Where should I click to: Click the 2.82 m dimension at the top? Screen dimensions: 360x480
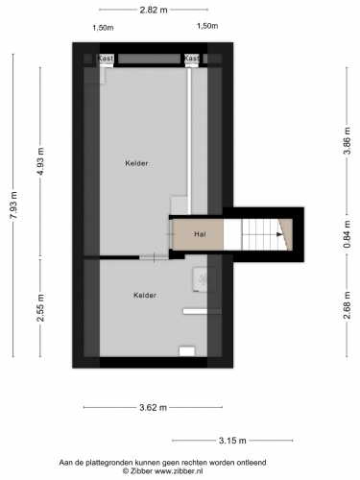154,10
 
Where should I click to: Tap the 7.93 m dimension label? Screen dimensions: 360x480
13,205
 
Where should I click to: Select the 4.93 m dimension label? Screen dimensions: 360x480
40,162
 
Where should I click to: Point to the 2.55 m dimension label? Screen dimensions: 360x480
40,307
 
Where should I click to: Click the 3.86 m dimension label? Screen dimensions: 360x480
347,141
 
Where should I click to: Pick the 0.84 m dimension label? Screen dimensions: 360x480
347,234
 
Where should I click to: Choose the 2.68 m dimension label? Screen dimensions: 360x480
347,305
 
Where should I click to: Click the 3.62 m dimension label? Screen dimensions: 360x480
154,407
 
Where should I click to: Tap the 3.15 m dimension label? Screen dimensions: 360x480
232,441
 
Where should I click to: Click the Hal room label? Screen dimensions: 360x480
200,234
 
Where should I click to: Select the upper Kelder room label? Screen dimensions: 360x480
136,163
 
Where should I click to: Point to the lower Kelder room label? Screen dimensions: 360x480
145,295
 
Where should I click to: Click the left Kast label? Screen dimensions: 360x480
106,59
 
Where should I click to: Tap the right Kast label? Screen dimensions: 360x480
192,59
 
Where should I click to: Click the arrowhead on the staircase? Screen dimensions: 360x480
280,234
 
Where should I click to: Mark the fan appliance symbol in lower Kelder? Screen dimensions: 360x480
204,279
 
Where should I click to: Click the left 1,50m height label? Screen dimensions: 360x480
103,28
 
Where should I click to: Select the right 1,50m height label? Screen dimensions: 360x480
207,26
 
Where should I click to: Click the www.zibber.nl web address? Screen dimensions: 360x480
179,471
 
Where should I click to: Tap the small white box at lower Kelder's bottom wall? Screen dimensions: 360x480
187,351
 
